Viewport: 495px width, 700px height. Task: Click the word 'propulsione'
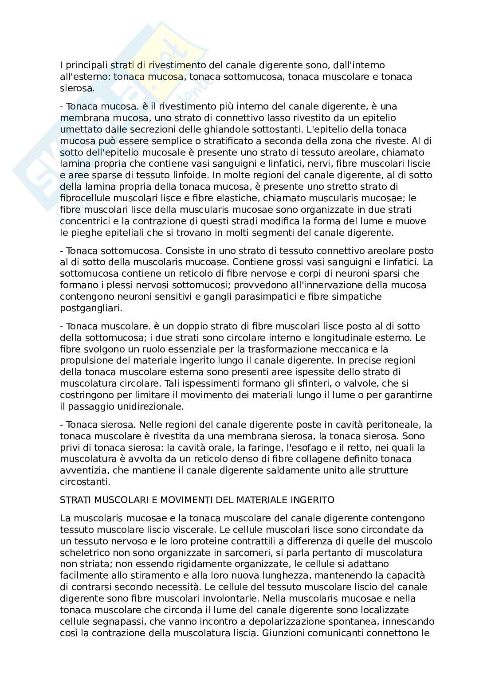pyautogui.click(x=85, y=360)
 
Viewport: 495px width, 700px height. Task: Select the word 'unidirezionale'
pyautogui.click(x=139, y=406)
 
